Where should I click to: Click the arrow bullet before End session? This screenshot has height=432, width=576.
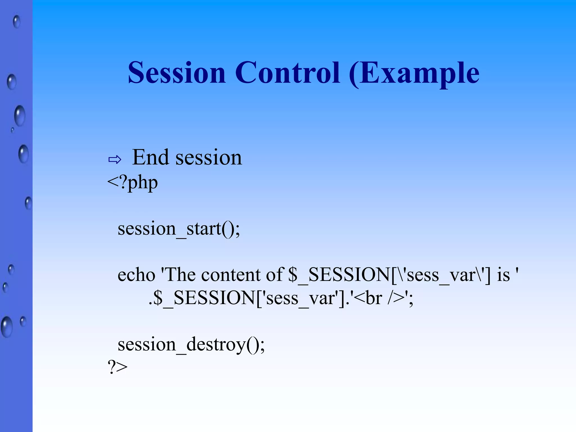click(x=114, y=159)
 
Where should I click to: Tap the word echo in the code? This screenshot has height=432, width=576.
click(x=136, y=275)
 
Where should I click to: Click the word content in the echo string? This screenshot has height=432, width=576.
click(x=231, y=275)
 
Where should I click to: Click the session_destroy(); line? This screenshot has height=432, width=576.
click(x=191, y=344)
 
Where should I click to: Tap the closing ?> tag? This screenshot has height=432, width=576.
click(x=117, y=367)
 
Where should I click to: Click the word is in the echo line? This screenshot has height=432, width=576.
click(x=503, y=275)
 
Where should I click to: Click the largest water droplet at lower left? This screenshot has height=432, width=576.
click(x=7, y=327)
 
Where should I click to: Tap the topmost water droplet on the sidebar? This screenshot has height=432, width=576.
click(x=17, y=22)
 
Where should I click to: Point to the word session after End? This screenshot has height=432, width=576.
click(x=208, y=157)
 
